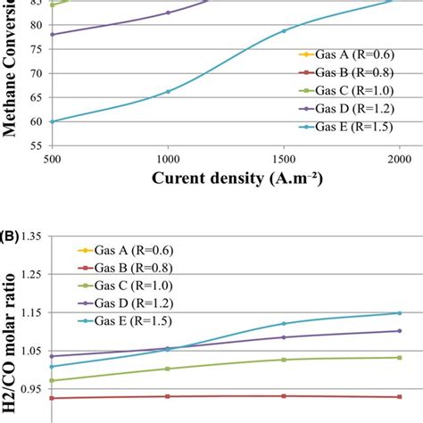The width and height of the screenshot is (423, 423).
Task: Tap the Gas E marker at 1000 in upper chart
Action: click(168, 91)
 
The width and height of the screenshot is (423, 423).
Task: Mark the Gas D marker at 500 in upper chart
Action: click(52, 35)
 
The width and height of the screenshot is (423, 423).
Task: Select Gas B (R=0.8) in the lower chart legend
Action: click(134, 268)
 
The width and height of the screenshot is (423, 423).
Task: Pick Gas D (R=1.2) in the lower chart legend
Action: click(134, 303)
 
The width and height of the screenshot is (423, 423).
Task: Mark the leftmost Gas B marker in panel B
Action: click(52, 398)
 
